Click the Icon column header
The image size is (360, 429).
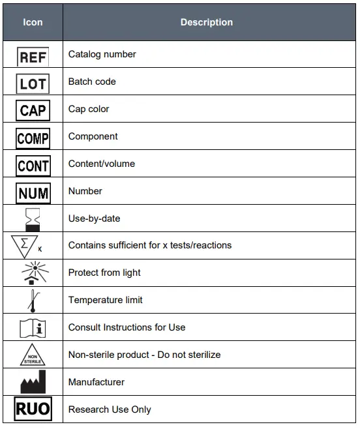pyautogui.click(x=33, y=22)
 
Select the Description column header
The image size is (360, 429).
pyautogui.click(x=206, y=22)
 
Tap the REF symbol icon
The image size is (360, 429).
pyautogui.click(x=33, y=57)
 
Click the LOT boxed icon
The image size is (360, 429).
pyautogui.click(x=33, y=83)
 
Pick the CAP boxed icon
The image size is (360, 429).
pyautogui.click(x=33, y=110)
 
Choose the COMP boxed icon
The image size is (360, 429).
pyautogui.click(x=33, y=138)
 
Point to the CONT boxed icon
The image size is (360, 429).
pyautogui.click(x=33, y=166)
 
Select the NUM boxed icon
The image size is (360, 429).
pyautogui.click(x=33, y=193)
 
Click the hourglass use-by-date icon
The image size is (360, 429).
pyautogui.click(x=33, y=220)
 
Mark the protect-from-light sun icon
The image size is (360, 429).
pyautogui.click(x=33, y=273)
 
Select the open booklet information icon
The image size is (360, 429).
pyautogui.click(x=33, y=327)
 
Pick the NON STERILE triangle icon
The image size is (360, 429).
pyautogui.click(x=33, y=355)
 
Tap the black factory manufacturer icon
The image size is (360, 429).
pyautogui.click(x=33, y=382)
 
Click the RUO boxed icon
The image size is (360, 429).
pyautogui.click(x=33, y=409)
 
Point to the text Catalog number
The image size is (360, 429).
pyautogui.click(x=102, y=54)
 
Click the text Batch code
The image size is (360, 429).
pyautogui.click(x=92, y=81)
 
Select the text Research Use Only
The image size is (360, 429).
pyautogui.click(x=110, y=409)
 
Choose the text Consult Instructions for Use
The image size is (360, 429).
pyautogui.click(x=127, y=327)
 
